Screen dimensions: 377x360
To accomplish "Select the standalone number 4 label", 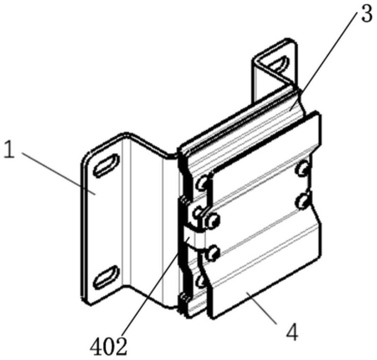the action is (292, 333).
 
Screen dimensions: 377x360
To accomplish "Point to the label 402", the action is (109, 347).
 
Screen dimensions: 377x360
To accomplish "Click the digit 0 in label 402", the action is (109, 347).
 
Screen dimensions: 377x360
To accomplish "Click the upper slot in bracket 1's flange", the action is (107, 166).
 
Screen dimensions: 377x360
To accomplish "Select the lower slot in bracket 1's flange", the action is (106, 277).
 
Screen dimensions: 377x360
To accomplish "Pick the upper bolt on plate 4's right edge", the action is (303, 168).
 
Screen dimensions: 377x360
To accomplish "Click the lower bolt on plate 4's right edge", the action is (303, 201).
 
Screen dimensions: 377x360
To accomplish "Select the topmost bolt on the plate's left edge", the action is (201, 183).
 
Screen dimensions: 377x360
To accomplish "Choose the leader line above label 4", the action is (262, 307).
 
